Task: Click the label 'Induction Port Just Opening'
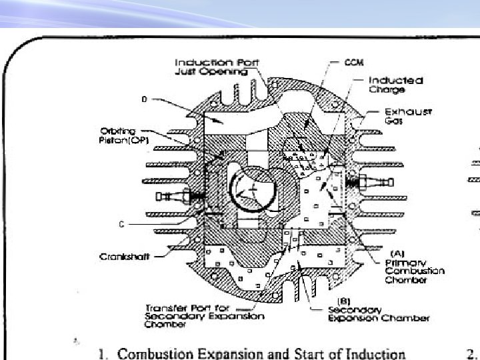coord(217,67)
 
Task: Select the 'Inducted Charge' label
coord(396,84)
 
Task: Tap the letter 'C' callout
coord(121,225)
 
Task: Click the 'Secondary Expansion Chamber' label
coord(378,313)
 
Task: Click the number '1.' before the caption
coord(101,353)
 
